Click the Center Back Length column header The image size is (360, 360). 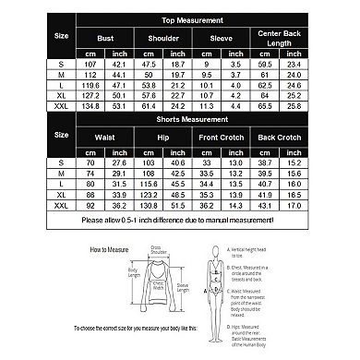pos(285,39)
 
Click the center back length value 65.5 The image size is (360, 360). pos(267,104)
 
